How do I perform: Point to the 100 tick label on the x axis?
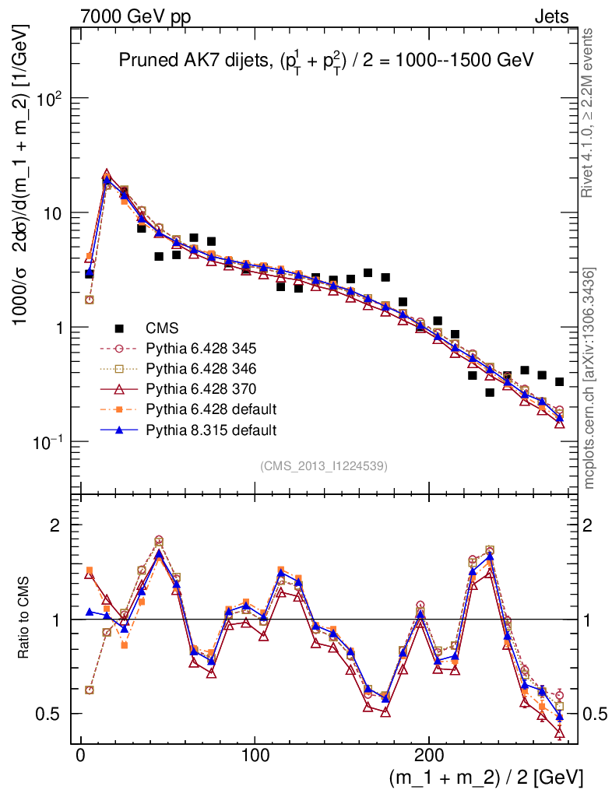[255, 755]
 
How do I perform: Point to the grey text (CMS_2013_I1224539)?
[324, 465]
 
